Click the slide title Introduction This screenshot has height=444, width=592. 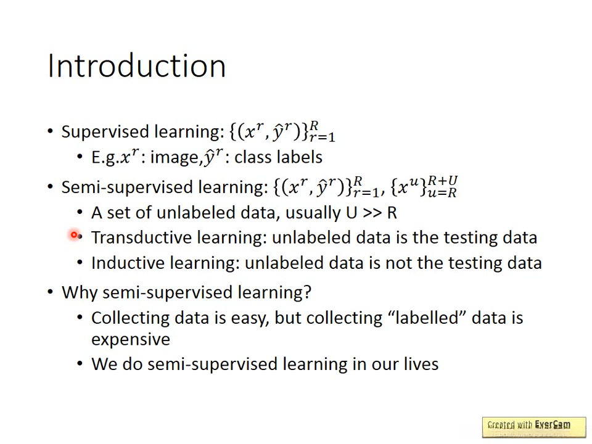(x=137, y=66)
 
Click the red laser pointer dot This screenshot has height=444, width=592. (x=74, y=235)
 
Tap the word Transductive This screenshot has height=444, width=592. (x=142, y=238)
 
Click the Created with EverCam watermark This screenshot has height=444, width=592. (x=534, y=427)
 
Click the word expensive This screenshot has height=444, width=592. (x=131, y=340)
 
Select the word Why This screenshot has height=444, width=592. (x=80, y=293)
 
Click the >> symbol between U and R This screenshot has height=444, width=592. (x=372, y=213)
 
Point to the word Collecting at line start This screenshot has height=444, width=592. (x=130, y=318)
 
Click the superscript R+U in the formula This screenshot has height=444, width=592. (x=443, y=181)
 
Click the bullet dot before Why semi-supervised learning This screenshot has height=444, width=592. (x=50, y=292)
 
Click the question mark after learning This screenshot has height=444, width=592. (x=307, y=292)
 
